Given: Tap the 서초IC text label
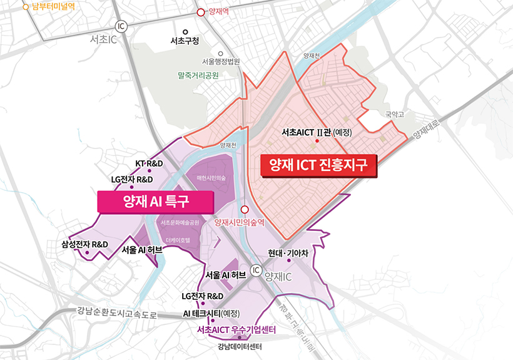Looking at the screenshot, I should pos(104,39).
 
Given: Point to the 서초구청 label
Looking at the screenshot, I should pos(185,41).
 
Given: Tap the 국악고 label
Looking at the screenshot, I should pos(395,115).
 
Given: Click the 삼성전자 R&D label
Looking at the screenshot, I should pos(85,244).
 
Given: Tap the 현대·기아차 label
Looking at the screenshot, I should pos(288,253).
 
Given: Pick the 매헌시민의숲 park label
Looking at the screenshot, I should pos(211,178).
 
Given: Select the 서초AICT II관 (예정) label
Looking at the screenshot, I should pos(318,133).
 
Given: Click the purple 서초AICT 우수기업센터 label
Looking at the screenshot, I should pos(236,329).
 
